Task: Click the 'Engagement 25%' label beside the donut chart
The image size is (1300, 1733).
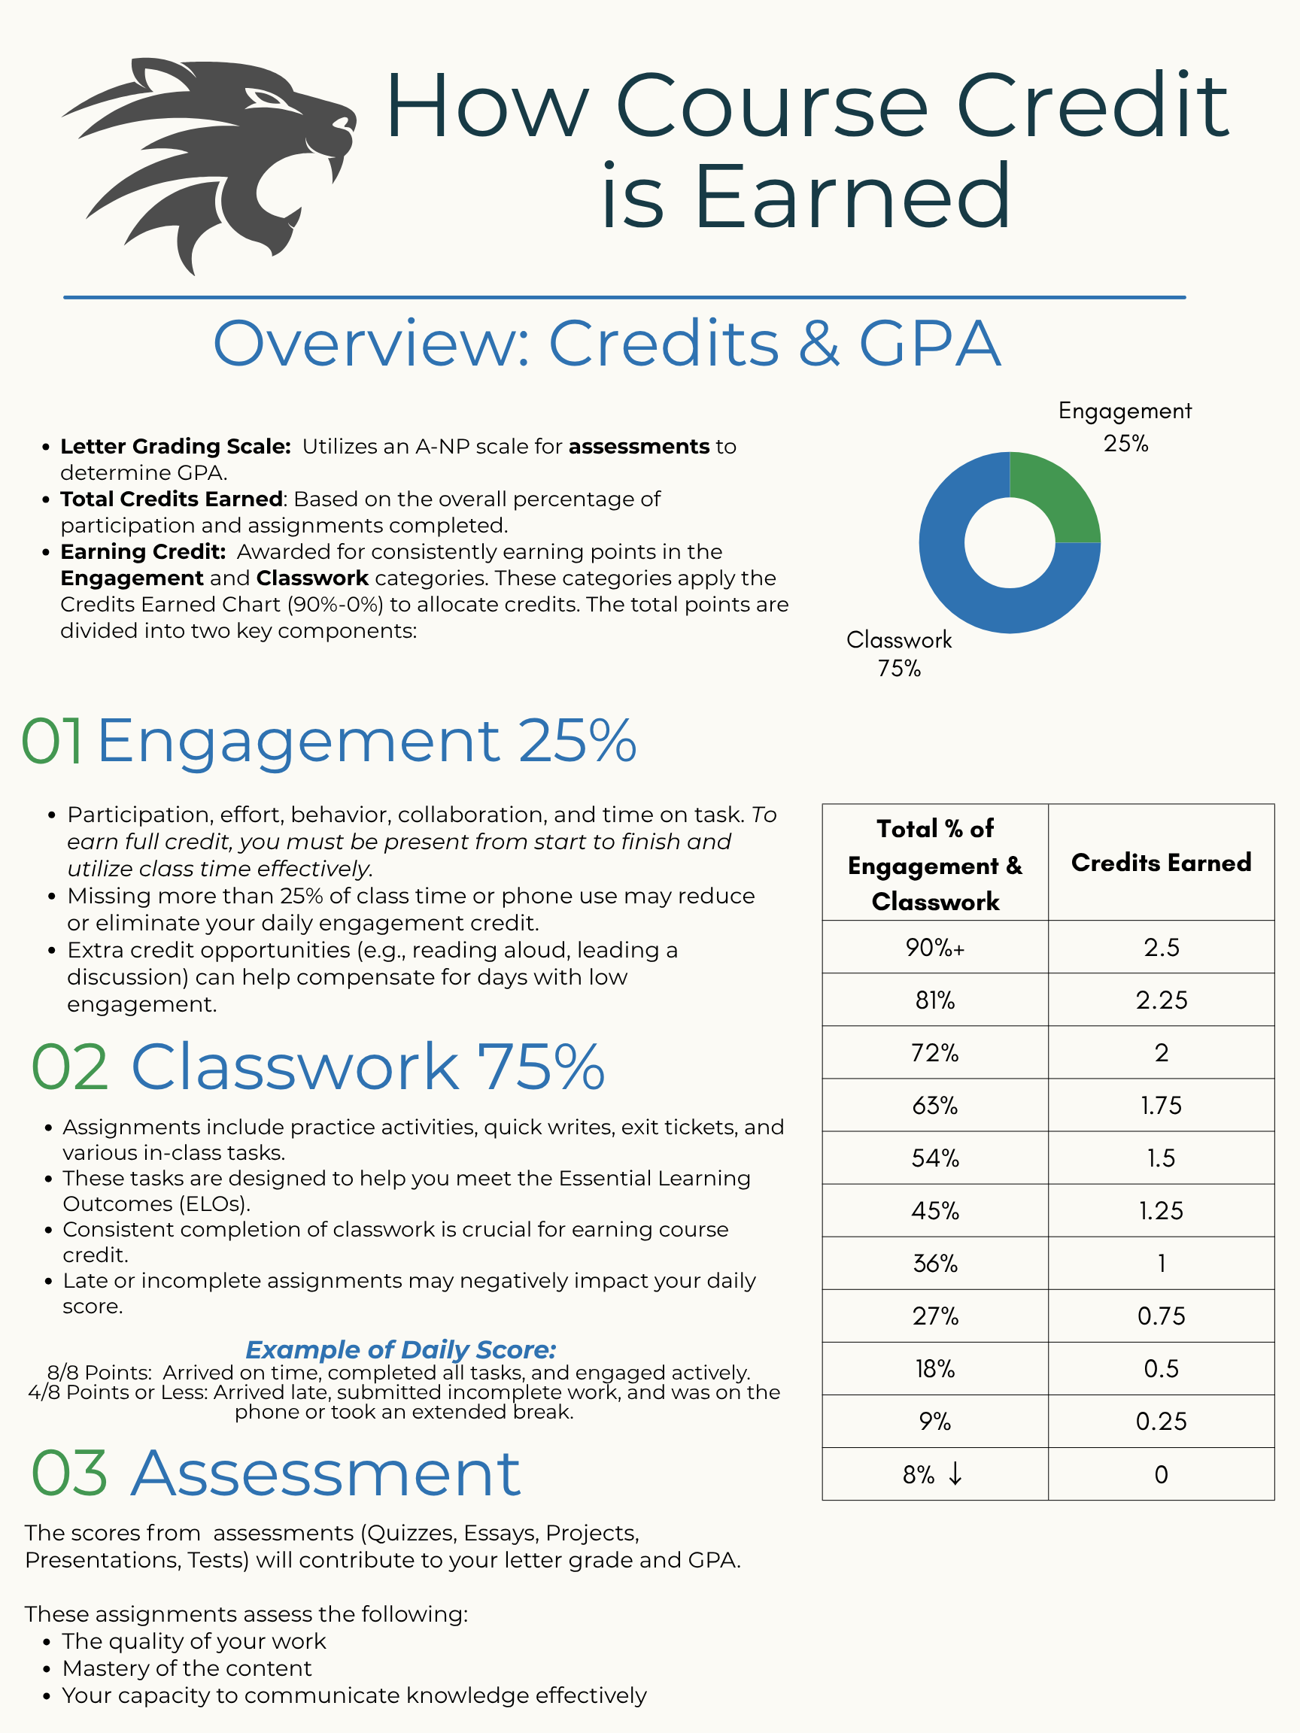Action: point(1125,427)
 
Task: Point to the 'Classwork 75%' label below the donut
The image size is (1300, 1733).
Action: point(899,654)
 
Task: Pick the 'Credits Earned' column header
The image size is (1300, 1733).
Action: point(1161,863)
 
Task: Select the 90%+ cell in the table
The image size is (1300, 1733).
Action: point(935,947)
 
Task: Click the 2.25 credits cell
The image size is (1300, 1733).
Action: point(1161,1000)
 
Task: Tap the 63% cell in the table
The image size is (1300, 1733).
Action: point(935,1106)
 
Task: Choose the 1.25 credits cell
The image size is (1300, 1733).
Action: point(1161,1210)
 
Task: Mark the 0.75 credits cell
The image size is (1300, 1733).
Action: point(1161,1316)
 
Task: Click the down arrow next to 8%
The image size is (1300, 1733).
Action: point(955,1474)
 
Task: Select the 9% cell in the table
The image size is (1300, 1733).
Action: point(935,1421)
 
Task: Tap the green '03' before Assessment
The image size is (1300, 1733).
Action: point(69,1474)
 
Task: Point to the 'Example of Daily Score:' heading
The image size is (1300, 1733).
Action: point(400,1349)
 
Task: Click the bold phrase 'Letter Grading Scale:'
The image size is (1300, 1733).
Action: point(175,446)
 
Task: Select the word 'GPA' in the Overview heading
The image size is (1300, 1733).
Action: point(929,343)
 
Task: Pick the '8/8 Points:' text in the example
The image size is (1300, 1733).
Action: point(99,1373)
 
